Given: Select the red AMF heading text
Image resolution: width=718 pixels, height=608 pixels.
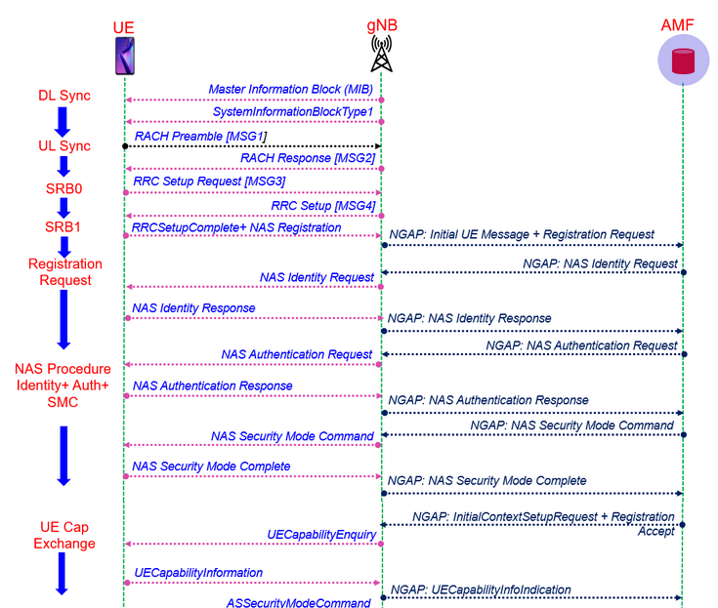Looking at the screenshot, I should tap(684, 23).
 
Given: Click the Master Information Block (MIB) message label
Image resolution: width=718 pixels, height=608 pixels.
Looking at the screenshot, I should tap(290, 89).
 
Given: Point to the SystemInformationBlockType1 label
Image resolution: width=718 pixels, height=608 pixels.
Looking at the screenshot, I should tap(293, 112).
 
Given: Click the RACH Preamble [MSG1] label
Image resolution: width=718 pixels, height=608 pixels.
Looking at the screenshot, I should tap(200, 136).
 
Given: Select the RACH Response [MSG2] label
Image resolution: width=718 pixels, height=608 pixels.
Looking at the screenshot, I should tap(307, 158).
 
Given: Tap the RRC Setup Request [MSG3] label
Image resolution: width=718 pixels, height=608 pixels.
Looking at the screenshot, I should tap(209, 181).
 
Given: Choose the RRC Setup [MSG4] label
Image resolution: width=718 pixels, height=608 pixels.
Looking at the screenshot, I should tap(323, 204).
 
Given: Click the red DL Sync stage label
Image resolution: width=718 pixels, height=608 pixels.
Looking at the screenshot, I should tap(63, 96).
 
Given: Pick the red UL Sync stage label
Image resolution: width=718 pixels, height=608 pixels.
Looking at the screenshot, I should tap(63, 145).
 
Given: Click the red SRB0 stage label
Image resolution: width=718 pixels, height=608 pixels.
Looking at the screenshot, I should tap(63, 186).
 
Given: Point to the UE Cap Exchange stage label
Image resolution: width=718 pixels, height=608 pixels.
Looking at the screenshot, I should tap(64, 535).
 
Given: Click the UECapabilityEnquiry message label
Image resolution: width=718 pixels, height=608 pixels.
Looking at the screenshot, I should tap(320, 534).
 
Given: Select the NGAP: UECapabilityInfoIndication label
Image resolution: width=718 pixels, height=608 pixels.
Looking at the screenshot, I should tap(481, 589).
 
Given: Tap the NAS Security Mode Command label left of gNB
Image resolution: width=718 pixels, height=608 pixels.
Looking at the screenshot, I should tap(292, 435).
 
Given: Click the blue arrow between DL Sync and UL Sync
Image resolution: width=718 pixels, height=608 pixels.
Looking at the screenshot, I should tap(63, 121).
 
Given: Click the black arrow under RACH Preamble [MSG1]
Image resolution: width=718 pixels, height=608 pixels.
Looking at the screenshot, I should tap(252, 146).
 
